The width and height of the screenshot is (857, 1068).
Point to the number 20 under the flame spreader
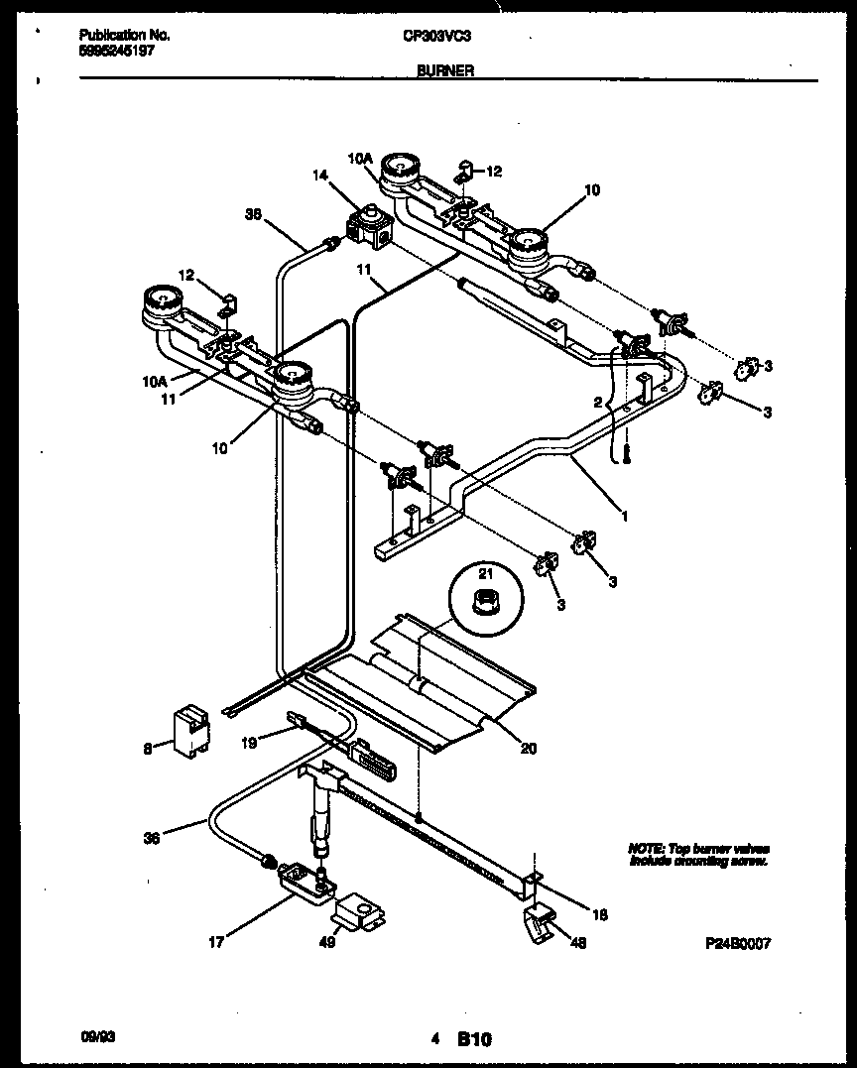click(x=528, y=749)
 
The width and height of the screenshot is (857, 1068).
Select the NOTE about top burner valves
click(x=698, y=855)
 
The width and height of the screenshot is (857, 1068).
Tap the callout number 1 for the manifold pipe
click(x=624, y=515)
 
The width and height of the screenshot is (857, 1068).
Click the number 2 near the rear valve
click(x=598, y=402)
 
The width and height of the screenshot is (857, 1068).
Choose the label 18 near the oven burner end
click(x=599, y=914)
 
